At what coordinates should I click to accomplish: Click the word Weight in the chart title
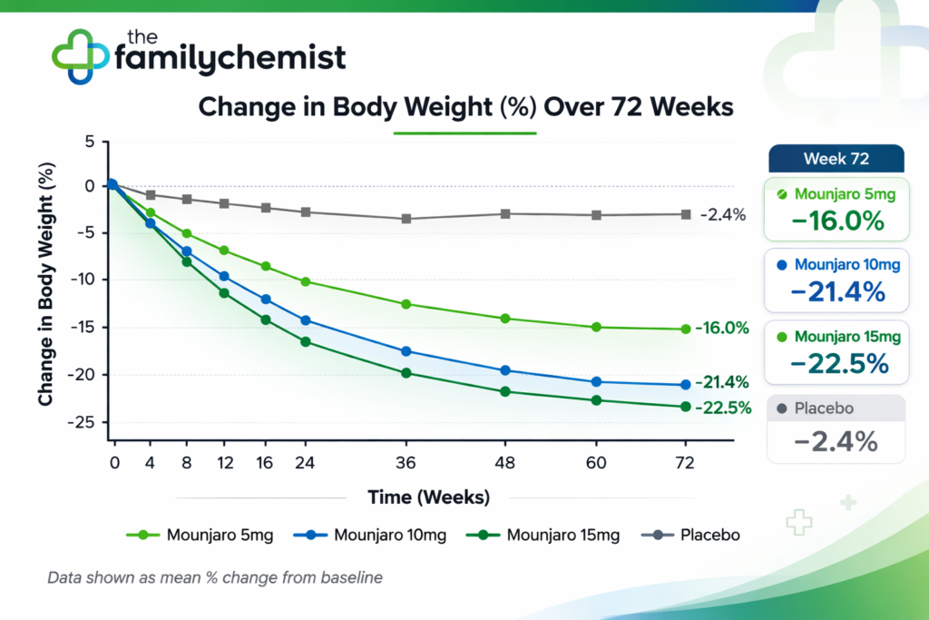pyautogui.click(x=445, y=106)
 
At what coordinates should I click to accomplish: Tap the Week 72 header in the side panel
pyautogui.click(x=836, y=159)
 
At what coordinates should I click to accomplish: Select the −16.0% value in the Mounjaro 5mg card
pyautogui.click(x=836, y=221)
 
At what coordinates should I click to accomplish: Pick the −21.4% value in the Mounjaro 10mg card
pyautogui.click(x=836, y=291)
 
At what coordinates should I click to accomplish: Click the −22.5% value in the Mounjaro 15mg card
pyautogui.click(x=836, y=362)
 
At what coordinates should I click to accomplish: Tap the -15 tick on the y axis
pyautogui.click(x=87, y=327)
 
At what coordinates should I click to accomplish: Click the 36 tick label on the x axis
pyautogui.click(x=406, y=462)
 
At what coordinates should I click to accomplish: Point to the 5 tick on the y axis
pyautogui.click(x=91, y=142)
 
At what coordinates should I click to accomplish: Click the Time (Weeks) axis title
pyautogui.click(x=428, y=497)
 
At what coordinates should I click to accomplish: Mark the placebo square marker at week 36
pyautogui.click(x=406, y=219)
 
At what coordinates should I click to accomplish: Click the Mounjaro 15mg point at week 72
pyautogui.click(x=685, y=407)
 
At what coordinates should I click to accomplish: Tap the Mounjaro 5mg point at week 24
pyautogui.click(x=305, y=281)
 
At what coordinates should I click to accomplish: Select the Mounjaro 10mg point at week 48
pyautogui.click(x=505, y=370)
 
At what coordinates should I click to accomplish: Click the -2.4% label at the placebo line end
pyautogui.click(x=723, y=215)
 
